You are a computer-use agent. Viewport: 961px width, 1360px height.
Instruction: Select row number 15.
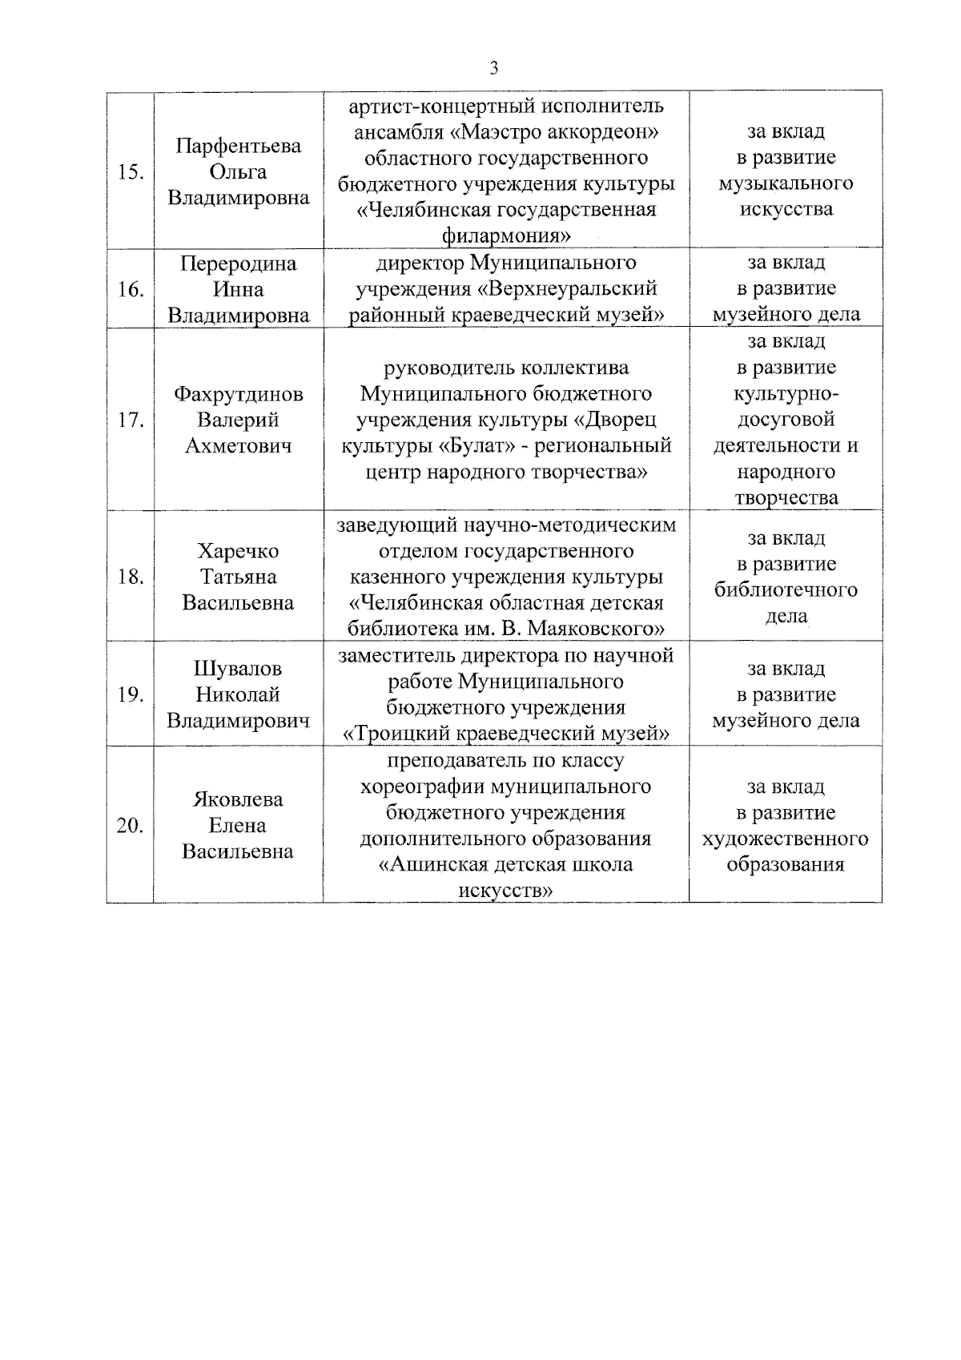coord(130,172)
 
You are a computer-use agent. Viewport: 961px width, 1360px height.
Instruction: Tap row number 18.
coord(130,577)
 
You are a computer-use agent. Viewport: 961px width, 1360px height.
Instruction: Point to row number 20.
coord(130,826)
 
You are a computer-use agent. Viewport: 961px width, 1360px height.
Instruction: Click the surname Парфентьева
coord(238,146)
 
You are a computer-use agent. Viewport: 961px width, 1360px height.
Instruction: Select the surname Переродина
coord(238,264)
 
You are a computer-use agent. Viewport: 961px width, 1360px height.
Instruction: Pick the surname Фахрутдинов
coord(238,394)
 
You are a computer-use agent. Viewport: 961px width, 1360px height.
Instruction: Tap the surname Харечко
coord(238,551)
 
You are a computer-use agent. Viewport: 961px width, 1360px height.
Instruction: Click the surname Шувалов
coord(238,669)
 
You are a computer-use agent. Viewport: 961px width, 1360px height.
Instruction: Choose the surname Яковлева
coord(238,799)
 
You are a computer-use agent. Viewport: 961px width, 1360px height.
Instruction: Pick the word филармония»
coord(505,236)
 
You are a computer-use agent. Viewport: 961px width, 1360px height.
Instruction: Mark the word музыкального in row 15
coord(786,183)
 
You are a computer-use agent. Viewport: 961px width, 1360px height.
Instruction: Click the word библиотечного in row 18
coord(786,590)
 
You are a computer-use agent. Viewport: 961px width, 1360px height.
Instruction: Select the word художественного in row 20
coord(786,839)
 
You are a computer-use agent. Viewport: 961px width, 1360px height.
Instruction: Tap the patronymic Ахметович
coord(238,446)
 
